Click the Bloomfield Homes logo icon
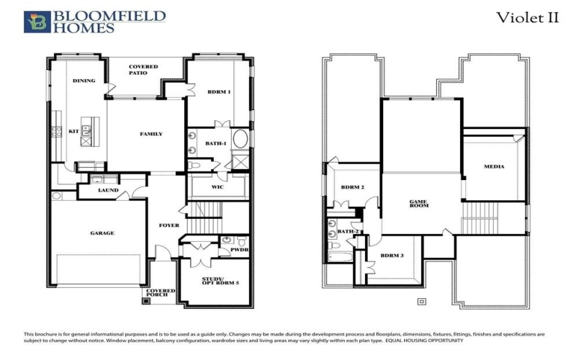coord(33,22)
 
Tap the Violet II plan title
coord(527,18)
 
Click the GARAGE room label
coord(102,233)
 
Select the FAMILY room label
coord(150,134)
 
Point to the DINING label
coord(84,81)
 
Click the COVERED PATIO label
coord(144,70)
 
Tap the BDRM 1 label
coord(219,91)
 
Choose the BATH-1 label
coord(215,143)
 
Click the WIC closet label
coord(217,186)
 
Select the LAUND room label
coord(108,191)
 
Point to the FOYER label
coord(169,225)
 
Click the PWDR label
coord(239,252)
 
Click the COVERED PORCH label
coord(162,294)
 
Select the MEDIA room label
coord(494,166)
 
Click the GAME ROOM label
coord(419,204)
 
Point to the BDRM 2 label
coord(352,187)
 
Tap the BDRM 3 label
coord(392,256)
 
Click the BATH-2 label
coord(348,231)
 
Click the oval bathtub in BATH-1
coord(240,139)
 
